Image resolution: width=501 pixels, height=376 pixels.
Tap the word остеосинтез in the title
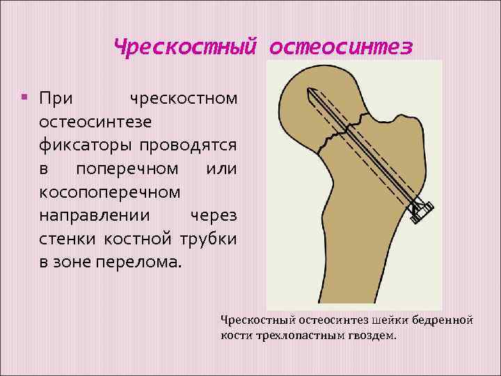(340, 47)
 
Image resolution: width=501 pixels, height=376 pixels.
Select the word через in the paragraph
(214, 217)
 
